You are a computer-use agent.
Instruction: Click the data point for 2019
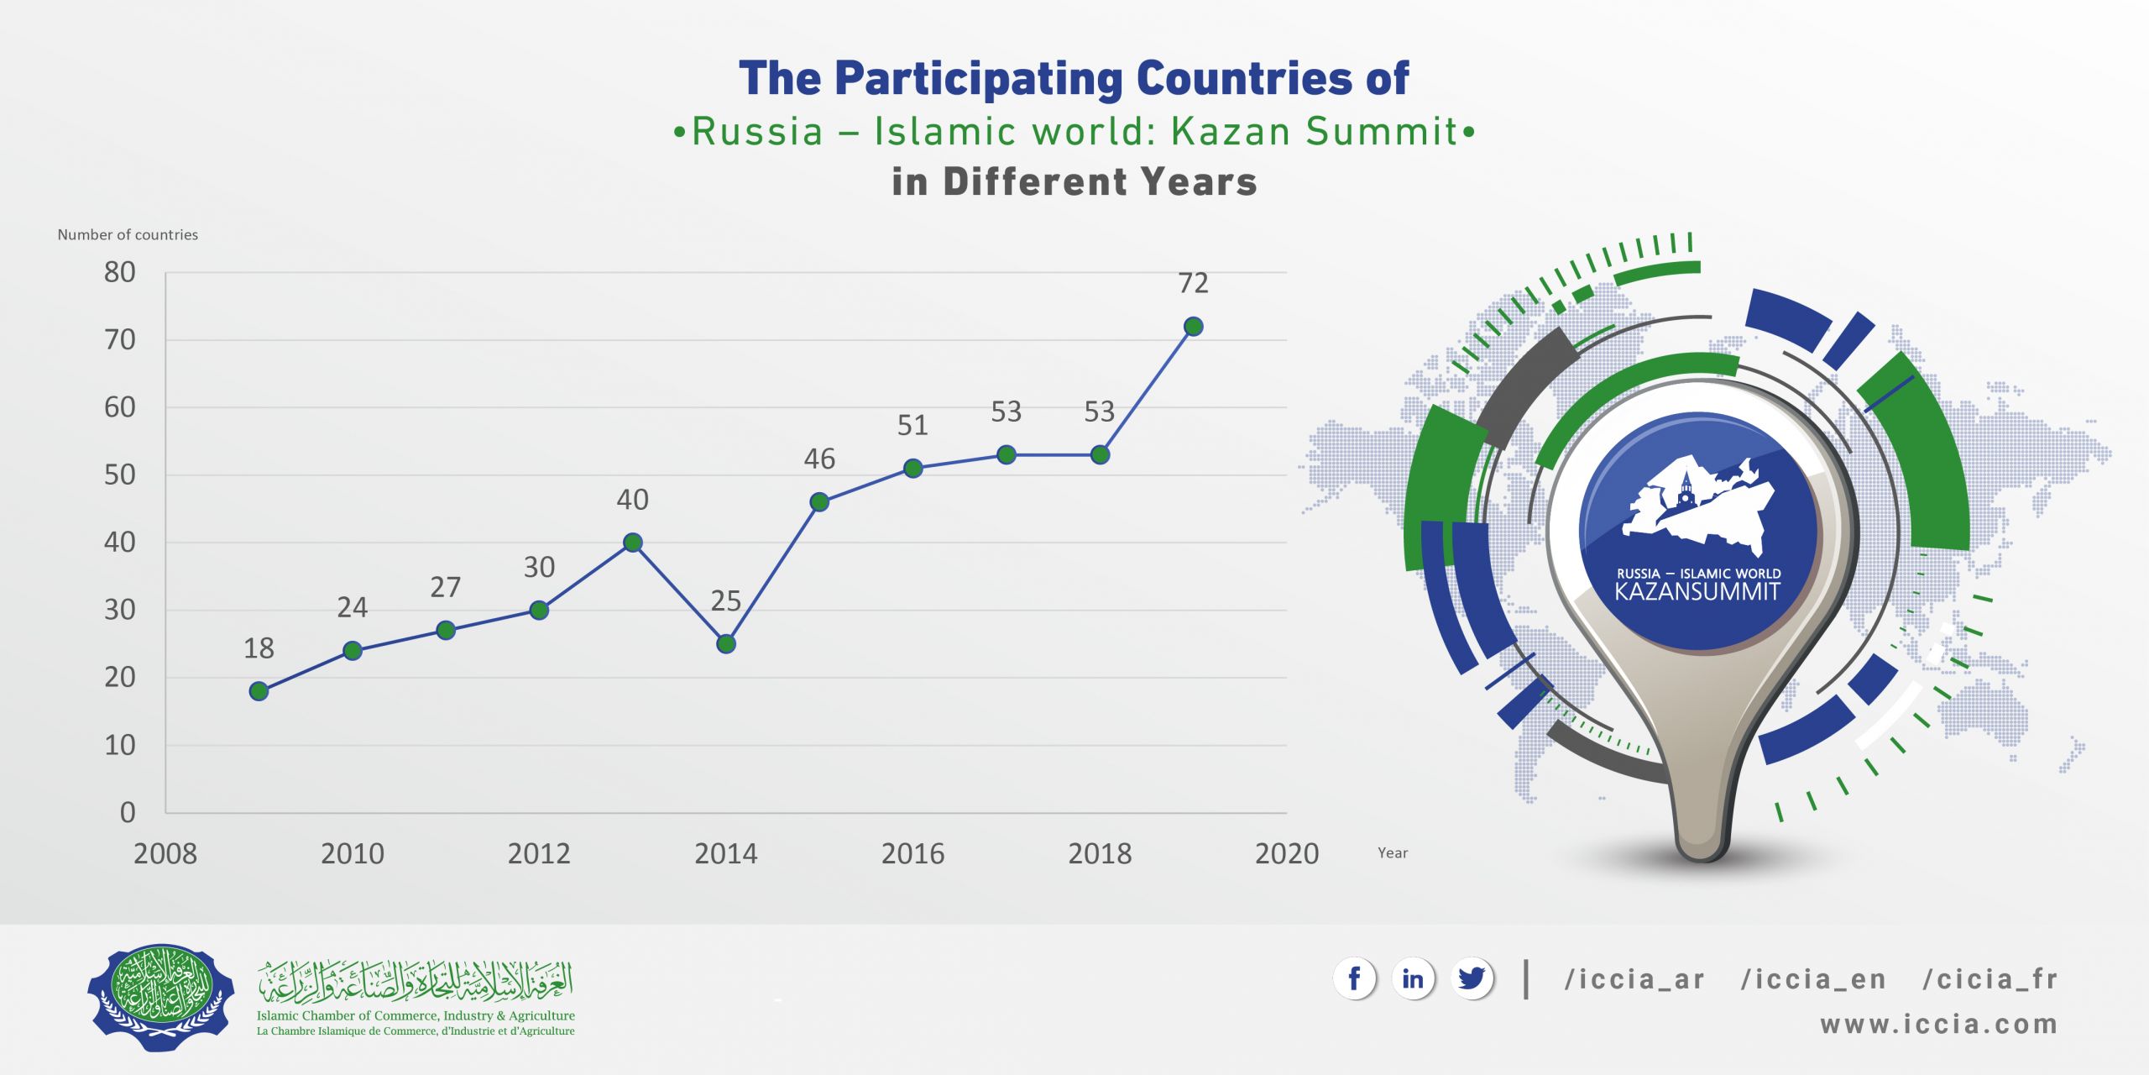[1192, 327]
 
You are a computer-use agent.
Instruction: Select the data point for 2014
[726, 644]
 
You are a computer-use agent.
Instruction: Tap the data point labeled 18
[259, 691]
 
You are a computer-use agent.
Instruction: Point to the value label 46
[819, 459]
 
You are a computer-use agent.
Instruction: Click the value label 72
[1193, 284]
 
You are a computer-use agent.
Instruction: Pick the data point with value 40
[633, 543]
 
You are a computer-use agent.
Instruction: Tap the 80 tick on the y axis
[120, 272]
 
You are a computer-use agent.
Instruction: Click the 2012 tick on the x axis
[539, 854]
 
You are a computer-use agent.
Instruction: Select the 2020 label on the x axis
[1286, 854]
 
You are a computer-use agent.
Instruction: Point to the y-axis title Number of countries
[128, 235]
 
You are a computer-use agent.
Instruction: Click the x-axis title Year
[1393, 853]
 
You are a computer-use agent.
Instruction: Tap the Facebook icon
[1354, 979]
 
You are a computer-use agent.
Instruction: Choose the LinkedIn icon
[1413, 979]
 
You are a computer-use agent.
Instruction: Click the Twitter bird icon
[1472, 979]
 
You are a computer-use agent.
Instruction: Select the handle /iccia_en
[1813, 980]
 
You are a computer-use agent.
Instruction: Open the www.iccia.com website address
[1938, 1025]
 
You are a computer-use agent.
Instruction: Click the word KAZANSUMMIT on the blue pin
[1697, 592]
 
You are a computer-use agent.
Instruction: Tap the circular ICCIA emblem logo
[161, 997]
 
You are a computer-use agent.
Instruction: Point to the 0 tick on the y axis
[128, 813]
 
